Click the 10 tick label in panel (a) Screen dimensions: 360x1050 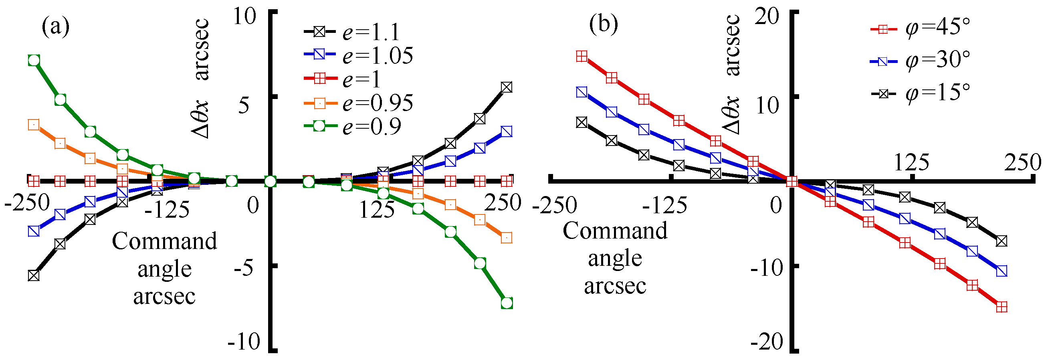244,17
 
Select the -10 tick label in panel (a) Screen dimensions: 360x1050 244,342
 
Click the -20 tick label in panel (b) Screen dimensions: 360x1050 766,342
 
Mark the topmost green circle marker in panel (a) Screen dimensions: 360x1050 34,61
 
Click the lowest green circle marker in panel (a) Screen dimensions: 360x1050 507,303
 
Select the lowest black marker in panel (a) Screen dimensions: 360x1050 34,275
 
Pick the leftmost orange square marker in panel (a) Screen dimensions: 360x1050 34,125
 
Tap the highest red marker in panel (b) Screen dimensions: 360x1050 582,56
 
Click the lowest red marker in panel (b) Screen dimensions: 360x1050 1002,307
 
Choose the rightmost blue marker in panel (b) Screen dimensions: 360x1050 1002,271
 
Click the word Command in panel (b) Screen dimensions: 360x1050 615,231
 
